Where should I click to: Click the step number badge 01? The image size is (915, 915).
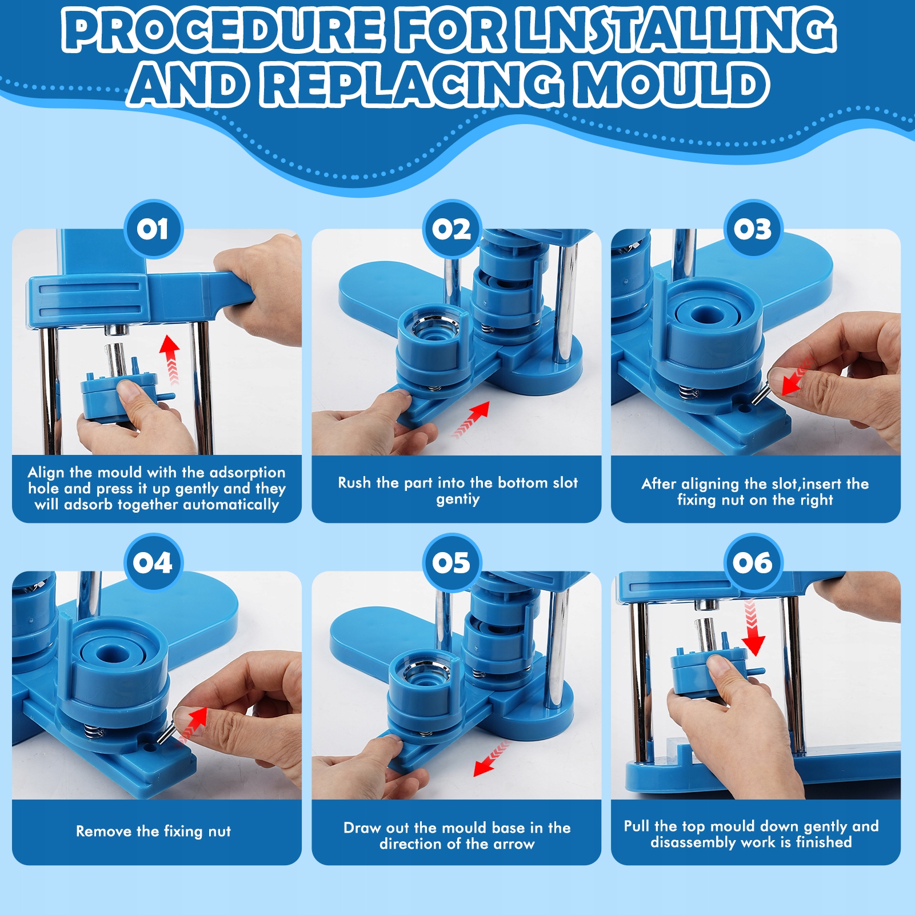[153, 229]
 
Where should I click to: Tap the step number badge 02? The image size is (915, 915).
[452, 229]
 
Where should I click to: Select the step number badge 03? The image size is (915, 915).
[753, 229]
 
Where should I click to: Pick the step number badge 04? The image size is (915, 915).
[153, 563]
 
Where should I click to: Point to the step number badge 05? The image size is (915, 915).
[452, 563]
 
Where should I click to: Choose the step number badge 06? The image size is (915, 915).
[753, 563]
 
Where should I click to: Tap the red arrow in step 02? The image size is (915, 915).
[472, 419]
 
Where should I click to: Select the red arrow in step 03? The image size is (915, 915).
[797, 375]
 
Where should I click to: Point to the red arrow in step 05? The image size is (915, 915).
[491, 758]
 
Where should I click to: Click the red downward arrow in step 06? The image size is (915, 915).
[753, 628]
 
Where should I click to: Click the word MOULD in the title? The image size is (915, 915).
[673, 85]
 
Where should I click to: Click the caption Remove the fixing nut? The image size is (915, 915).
[154, 831]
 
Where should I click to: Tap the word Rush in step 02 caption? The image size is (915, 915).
[354, 483]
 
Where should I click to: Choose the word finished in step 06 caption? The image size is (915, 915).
[824, 842]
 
